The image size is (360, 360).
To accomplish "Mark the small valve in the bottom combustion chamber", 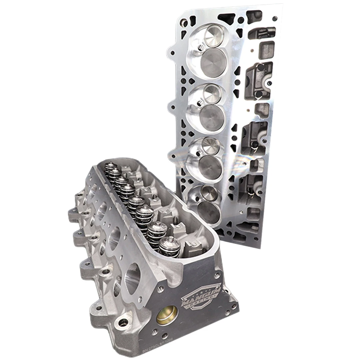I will point(209,191).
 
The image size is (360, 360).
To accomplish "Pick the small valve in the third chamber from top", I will point(211,145).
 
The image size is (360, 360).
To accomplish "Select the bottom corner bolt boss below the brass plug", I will point(123,322).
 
